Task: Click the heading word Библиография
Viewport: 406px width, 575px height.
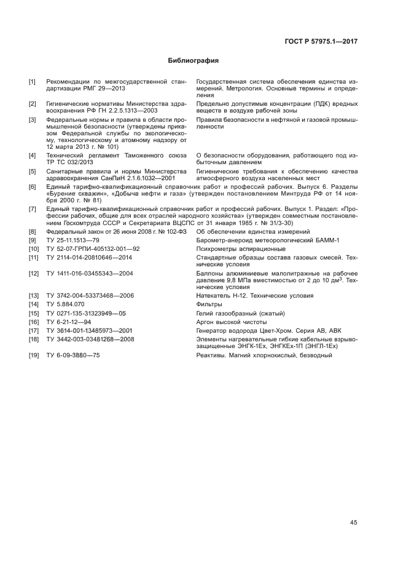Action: coord(193,61)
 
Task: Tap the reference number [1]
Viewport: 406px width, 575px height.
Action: coord(32,81)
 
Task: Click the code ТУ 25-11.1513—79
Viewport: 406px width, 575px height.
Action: coord(72,240)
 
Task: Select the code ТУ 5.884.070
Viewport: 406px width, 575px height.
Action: coord(65,304)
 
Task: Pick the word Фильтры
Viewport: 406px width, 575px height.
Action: coord(208,304)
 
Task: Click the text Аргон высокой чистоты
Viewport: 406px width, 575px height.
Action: coord(231,322)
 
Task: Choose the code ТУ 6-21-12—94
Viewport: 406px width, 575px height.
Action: coord(69,322)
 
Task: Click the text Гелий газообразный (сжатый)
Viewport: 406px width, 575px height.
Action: coord(240,313)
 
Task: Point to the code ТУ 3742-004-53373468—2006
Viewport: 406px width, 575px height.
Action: coord(90,296)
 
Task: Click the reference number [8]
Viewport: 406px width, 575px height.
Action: coord(32,231)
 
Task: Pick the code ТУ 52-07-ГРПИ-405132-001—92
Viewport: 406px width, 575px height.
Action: coord(93,248)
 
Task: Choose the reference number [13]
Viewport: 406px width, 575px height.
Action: coord(33,296)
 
